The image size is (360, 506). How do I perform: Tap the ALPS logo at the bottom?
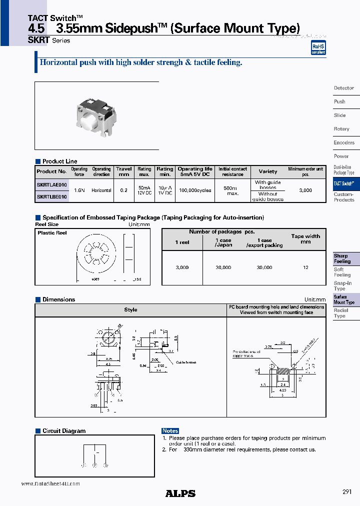pos(180,493)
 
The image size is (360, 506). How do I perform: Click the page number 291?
pos(347,492)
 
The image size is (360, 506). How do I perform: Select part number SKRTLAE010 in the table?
pos(51,185)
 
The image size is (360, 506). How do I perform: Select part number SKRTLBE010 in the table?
pos(51,197)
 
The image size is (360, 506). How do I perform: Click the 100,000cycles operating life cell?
pos(195,190)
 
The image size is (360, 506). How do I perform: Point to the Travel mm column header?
pos(124,171)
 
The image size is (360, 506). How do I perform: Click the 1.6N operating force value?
pos(79,190)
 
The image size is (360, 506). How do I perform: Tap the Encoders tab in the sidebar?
pos(344,142)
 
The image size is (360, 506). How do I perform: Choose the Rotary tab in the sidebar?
pos(341,129)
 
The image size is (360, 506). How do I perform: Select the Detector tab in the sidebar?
pos(344,88)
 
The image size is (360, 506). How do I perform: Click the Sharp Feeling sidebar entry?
pos(342,258)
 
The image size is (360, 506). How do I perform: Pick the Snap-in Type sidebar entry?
pos(342,286)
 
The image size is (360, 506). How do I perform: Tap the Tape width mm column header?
pos(305,239)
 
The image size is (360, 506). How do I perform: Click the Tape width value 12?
pos(305,267)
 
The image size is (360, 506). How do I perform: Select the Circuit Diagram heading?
pos(63,431)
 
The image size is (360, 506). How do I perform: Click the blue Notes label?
pos(170,431)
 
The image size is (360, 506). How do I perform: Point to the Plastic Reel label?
pos(52,233)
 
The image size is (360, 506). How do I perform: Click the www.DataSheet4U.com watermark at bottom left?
pos(50,484)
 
